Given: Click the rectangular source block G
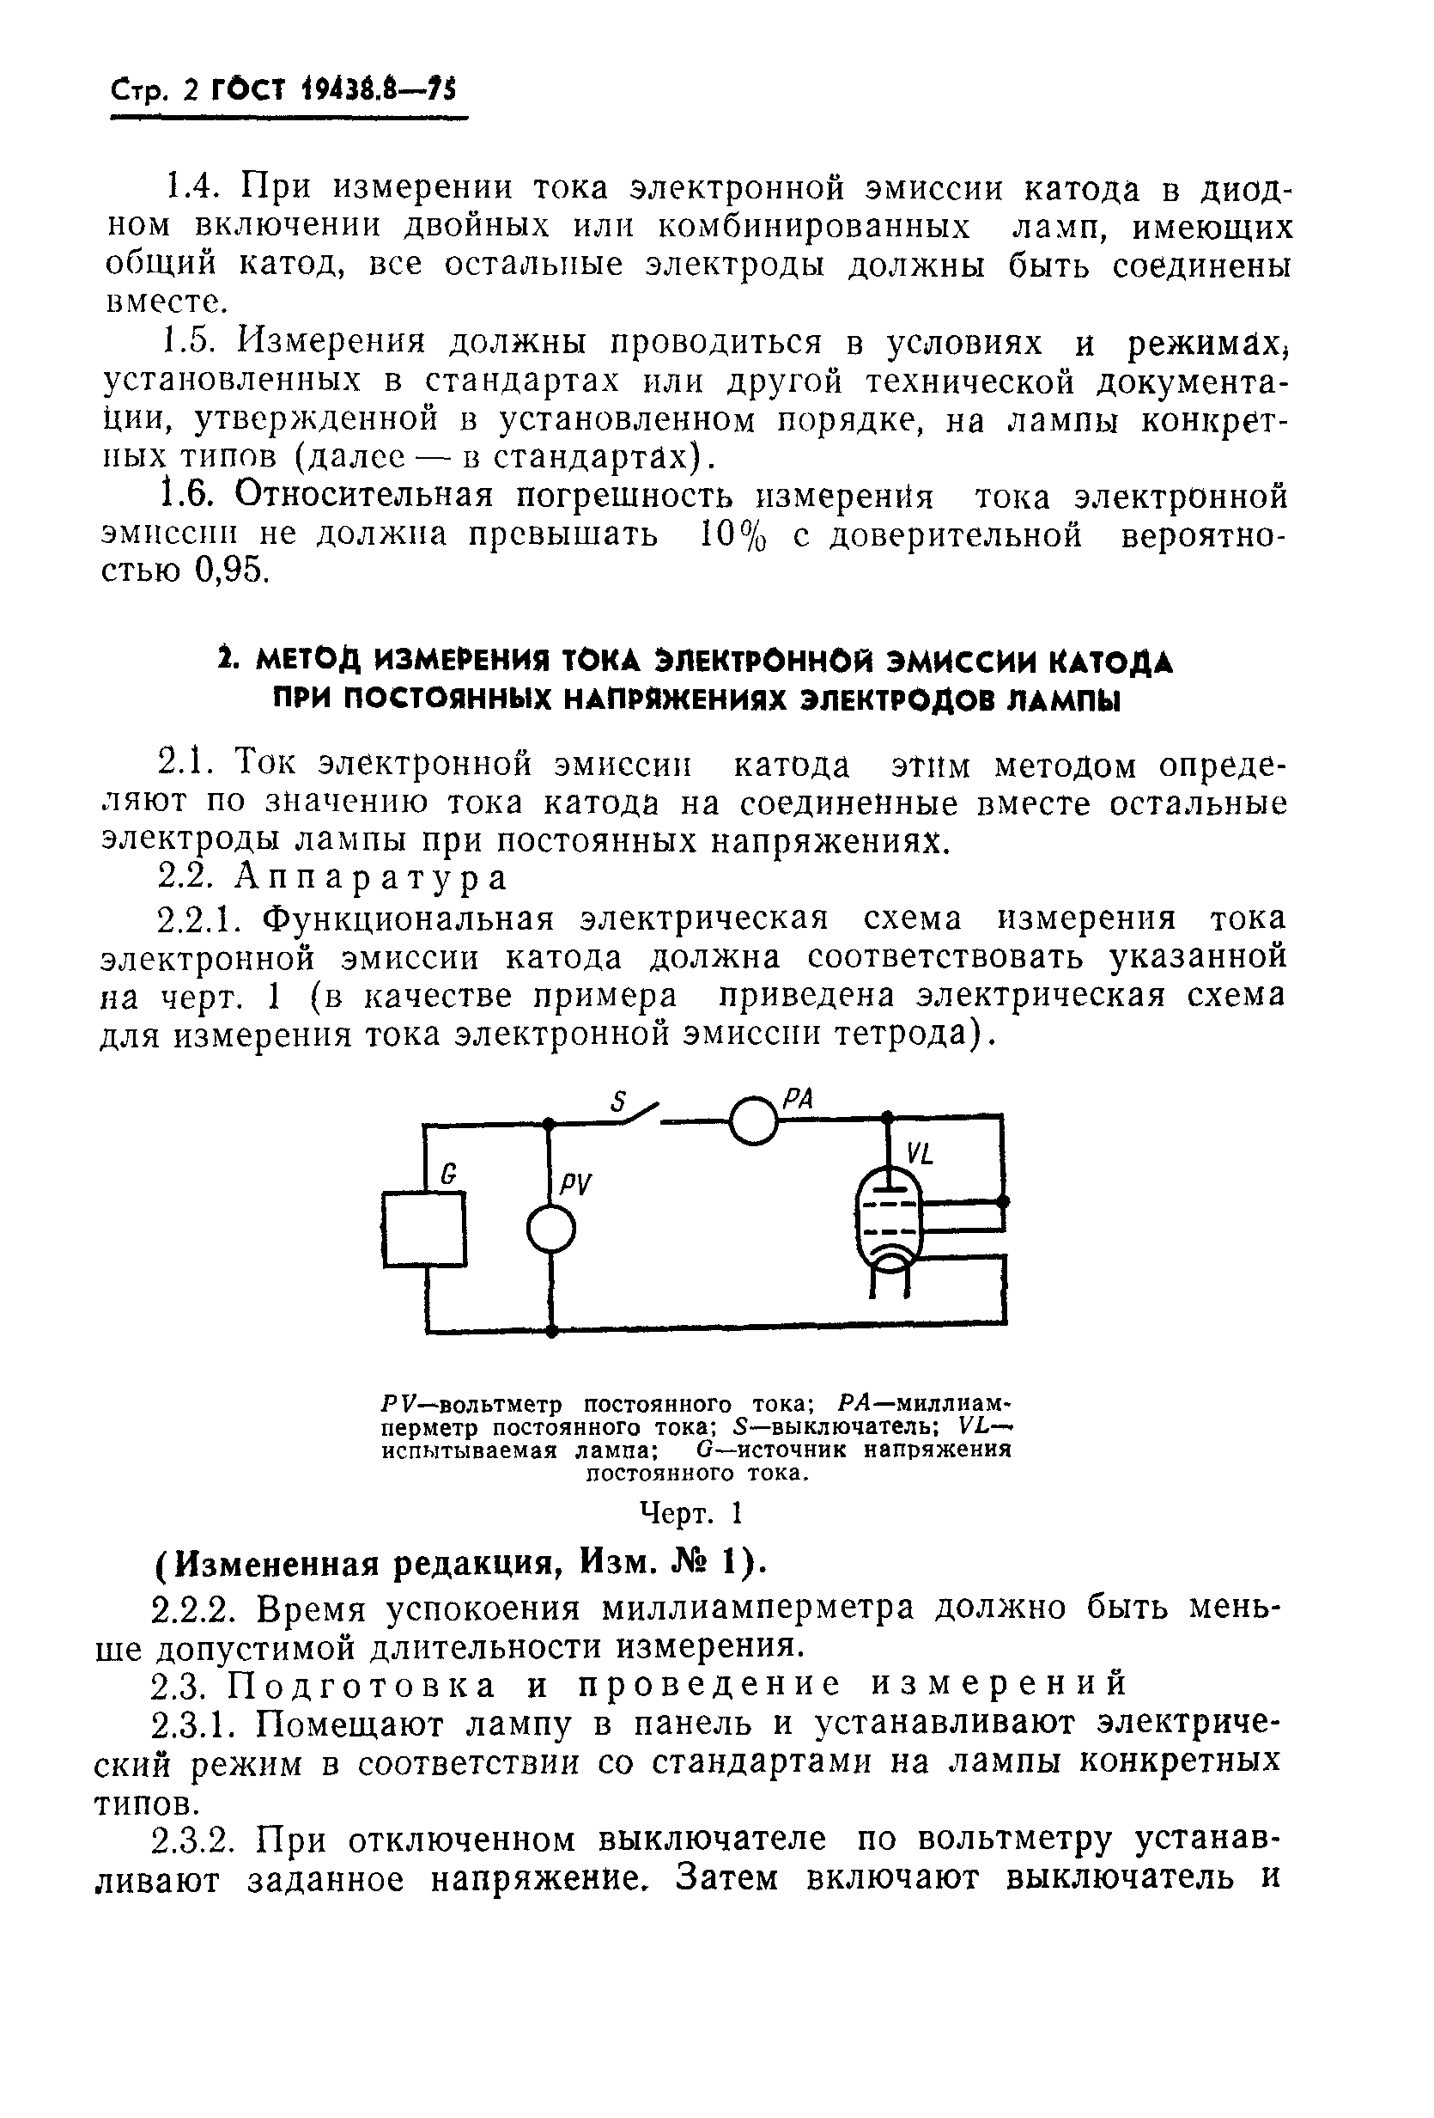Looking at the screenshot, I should (x=423, y=1229).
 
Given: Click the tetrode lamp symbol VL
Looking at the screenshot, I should (x=888, y=1217).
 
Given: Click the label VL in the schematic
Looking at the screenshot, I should (x=920, y=1156).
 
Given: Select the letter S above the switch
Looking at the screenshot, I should (x=618, y=1102).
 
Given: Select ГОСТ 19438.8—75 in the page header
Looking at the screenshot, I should (x=333, y=90).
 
